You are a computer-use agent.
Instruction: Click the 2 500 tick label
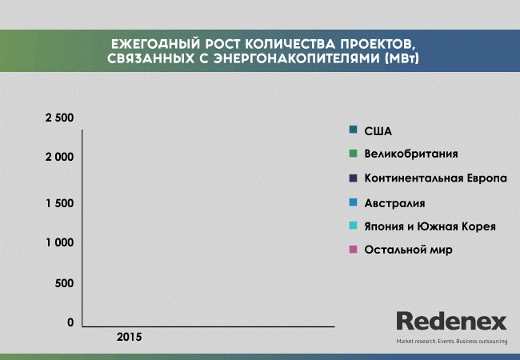pos(59,118)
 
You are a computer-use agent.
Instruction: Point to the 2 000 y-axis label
pos(59,157)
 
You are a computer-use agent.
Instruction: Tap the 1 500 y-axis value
pos(60,203)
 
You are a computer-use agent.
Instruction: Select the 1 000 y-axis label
pos(60,242)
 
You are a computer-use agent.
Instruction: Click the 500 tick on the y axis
pos(64,283)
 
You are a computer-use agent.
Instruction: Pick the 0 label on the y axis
pos(70,322)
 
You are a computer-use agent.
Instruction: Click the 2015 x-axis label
pos(129,337)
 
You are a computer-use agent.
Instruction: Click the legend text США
pos(378,131)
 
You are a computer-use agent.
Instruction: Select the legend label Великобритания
pos(411,154)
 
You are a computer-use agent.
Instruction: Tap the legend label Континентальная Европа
pos(436,178)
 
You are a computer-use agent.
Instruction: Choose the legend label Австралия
pos(394,203)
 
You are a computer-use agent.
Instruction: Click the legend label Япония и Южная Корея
pos(430,226)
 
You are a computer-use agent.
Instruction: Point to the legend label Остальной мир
pos(409,250)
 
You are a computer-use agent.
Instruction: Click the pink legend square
pos(353,250)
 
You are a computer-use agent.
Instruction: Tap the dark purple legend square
pos(353,178)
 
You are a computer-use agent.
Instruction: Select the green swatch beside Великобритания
pos(353,154)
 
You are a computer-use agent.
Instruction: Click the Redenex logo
pos(452,321)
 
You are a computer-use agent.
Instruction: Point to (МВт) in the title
pos(402,58)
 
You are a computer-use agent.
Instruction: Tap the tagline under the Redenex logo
pos(452,341)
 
